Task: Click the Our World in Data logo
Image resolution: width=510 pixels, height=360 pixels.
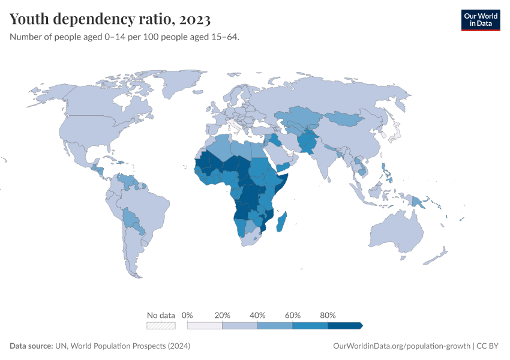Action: tap(480, 19)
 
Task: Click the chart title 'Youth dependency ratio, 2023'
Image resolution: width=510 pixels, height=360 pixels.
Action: tap(110, 19)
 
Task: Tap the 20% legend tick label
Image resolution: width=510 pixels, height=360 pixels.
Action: tap(223, 316)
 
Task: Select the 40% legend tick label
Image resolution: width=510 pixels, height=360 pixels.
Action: tap(257, 316)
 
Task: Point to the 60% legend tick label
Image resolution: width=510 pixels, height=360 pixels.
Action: tap(293, 316)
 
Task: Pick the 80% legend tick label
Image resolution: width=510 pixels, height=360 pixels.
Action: tap(328, 316)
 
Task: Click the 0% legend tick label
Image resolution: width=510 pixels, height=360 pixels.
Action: tap(187, 316)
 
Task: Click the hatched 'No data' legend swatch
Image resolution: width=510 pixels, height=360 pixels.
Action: tap(161, 326)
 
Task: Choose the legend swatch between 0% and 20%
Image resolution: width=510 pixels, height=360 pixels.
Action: tap(205, 326)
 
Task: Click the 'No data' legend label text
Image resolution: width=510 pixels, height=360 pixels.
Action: tap(161, 316)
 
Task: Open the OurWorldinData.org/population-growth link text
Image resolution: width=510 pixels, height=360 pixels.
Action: tap(401, 346)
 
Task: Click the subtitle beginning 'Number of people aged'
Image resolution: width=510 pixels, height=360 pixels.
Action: tap(124, 37)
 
